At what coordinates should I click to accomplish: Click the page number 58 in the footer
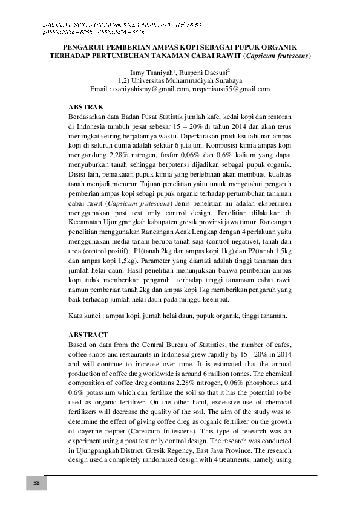point(36,483)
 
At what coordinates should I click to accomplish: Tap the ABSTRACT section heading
point(89,334)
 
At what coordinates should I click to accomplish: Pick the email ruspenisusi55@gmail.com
point(231,88)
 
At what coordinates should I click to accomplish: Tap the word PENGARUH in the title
point(90,47)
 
